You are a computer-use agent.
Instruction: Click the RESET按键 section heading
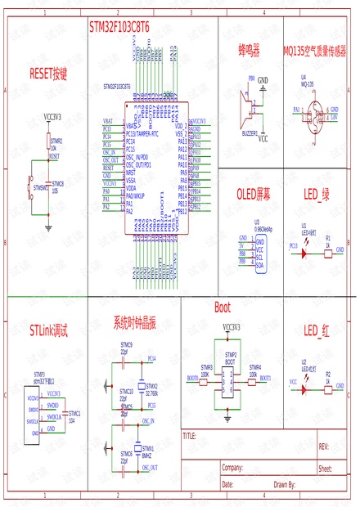tap(48, 73)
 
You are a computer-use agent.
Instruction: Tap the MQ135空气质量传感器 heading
tap(314, 51)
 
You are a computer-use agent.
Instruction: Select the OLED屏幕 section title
tap(253, 194)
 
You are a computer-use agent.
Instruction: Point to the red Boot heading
tap(222, 307)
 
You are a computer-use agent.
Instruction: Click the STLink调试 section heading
tap(48, 331)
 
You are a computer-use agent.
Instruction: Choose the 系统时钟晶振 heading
tap(134, 322)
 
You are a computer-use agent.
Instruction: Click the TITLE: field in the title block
tap(190, 435)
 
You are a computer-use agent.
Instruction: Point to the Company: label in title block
tap(232, 469)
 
